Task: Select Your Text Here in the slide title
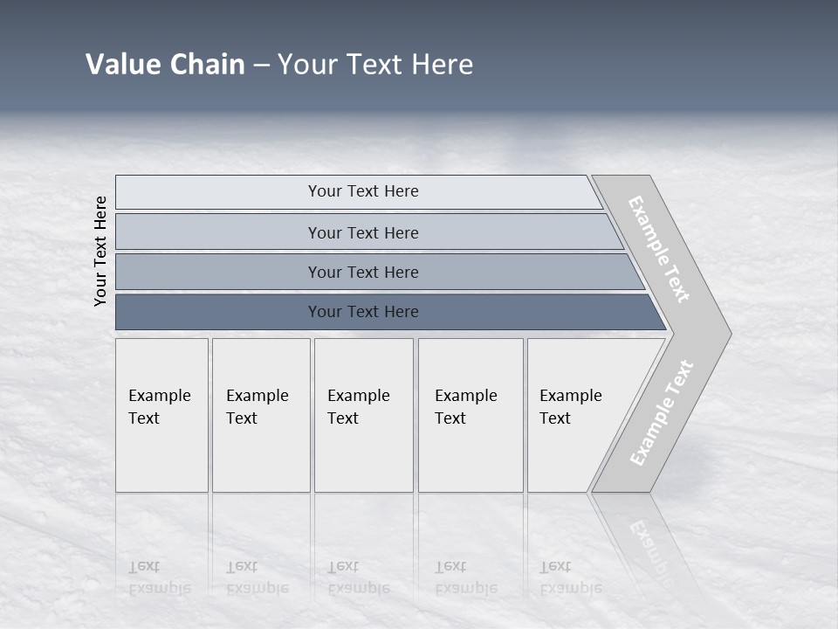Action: coord(375,65)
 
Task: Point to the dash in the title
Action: coord(261,66)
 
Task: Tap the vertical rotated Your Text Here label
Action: coord(100,251)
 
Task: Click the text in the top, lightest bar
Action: coord(363,191)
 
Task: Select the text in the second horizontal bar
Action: coord(363,233)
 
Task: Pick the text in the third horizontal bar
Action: coord(363,273)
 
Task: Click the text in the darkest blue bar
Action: coord(363,312)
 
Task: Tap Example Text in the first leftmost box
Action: coord(159,407)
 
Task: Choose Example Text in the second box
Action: coord(257,407)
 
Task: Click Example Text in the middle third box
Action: coord(358,407)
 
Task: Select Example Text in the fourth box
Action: coord(465,407)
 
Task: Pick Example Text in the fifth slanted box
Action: coord(570,407)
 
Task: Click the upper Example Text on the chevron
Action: coord(659,250)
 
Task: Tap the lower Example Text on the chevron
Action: coord(662,413)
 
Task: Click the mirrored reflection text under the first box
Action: coord(159,577)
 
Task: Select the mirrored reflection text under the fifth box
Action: coord(570,577)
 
